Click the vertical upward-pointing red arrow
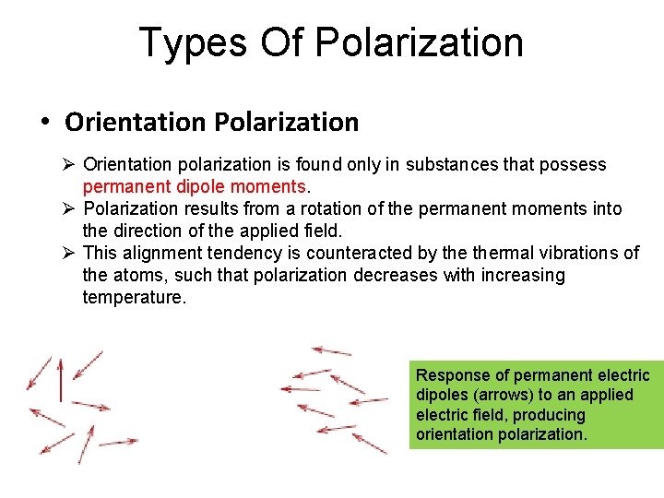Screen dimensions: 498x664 tap(61, 378)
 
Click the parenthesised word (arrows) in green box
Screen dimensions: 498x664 tap(497, 396)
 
